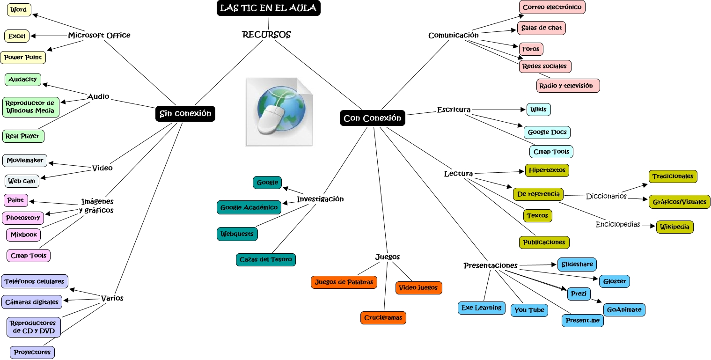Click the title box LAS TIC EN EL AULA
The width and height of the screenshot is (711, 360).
click(x=269, y=8)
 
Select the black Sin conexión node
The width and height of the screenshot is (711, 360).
click(x=185, y=113)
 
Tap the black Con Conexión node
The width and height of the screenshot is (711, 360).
click(x=372, y=118)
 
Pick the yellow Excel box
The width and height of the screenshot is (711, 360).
click(x=17, y=36)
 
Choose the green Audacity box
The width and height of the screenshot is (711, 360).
click(x=23, y=80)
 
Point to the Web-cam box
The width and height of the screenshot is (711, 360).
click(x=22, y=181)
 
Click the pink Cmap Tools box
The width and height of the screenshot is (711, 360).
click(x=29, y=256)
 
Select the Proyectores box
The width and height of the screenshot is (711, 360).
click(x=32, y=352)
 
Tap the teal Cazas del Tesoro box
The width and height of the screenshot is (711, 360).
click(x=265, y=259)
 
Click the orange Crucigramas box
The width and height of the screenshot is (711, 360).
click(x=383, y=317)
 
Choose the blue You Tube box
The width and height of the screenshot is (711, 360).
click(x=529, y=310)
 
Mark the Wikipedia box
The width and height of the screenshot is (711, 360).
click(x=674, y=227)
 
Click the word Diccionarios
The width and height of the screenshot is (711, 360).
click(x=606, y=196)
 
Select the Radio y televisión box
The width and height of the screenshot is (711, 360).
click(x=568, y=86)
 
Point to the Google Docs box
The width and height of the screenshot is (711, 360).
click(x=547, y=132)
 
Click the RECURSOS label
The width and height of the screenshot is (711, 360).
click(x=266, y=35)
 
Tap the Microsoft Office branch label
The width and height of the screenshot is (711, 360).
click(x=99, y=35)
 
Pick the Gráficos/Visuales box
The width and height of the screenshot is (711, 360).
click(x=679, y=202)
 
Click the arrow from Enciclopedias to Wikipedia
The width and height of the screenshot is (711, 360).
click(x=648, y=226)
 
